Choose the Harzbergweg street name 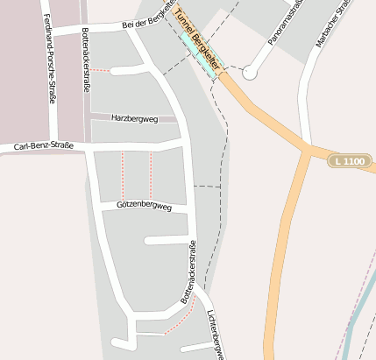click(134, 118)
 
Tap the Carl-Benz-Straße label click(44, 146)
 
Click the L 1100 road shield click(349, 160)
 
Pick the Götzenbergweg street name click(144, 204)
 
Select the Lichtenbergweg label click(216, 334)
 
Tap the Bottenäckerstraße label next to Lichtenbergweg click(188, 279)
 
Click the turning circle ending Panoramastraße click(250, 73)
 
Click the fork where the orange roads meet click(306, 150)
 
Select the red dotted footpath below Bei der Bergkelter click(102, 70)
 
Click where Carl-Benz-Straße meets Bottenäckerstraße click(89, 145)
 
